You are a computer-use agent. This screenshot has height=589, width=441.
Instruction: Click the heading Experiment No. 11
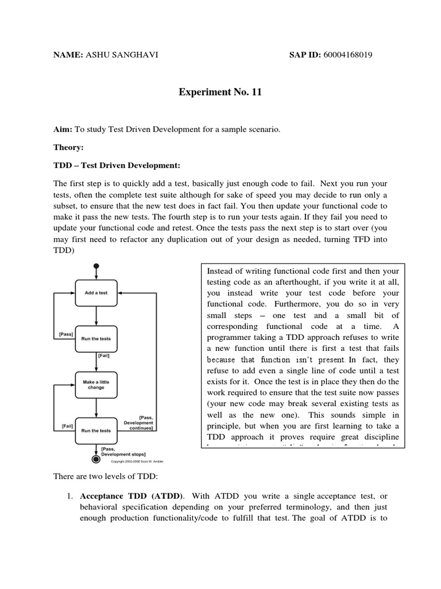point(220,92)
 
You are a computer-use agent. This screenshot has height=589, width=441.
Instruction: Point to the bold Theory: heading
point(68,148)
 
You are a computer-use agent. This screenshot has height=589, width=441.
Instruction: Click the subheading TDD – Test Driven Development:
point(117,166)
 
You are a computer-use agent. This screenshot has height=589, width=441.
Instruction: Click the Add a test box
point(96,293)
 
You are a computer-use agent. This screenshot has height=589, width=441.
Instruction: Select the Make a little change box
point(96,384)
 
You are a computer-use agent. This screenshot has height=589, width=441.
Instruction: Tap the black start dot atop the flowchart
point(96,266)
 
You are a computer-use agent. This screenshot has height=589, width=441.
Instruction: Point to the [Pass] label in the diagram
point(65,334)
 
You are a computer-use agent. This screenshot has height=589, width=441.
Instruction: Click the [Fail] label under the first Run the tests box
point(103,356)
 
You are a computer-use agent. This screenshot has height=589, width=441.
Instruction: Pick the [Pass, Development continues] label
point(138,423)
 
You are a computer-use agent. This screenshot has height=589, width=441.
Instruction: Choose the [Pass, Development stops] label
point(122,451)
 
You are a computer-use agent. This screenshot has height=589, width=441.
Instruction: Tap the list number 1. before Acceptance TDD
point(68,495)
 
